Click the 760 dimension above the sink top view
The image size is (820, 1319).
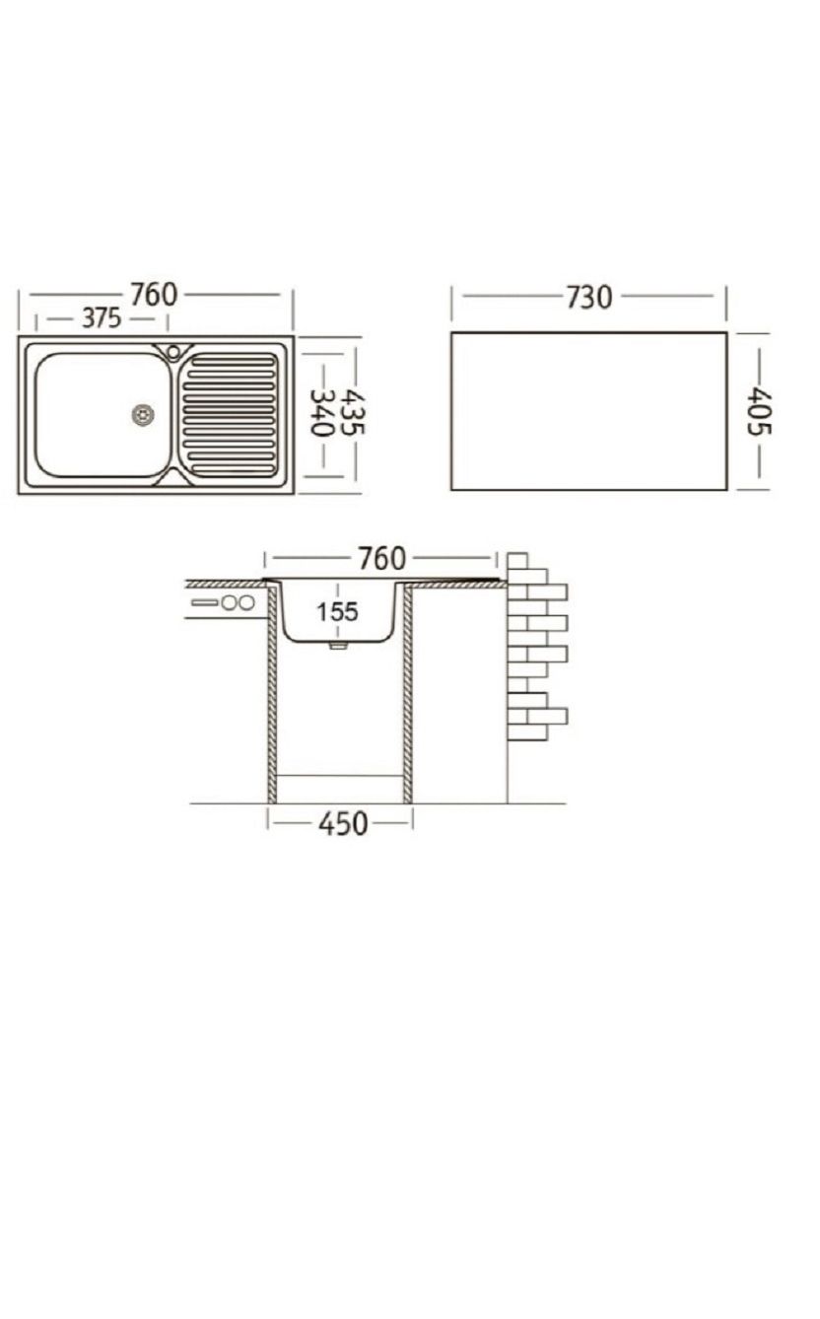click(x=154, y=295)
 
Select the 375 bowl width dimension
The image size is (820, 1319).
click(x=102, y=318)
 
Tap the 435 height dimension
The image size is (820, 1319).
click(x=354, y=412)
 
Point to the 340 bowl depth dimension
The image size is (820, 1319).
click(x=321, y=413)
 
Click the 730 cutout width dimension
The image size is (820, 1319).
click(x=589, y=298)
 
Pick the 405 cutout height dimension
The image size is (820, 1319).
click(x=759, y=411)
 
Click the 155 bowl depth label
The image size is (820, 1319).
click(x=337, y=612)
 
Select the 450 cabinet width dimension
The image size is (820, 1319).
click(x=343, y=823)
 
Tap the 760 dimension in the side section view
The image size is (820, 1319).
click(x=382, y=559)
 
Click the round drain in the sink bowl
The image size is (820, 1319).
click(x=143, y=415)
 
